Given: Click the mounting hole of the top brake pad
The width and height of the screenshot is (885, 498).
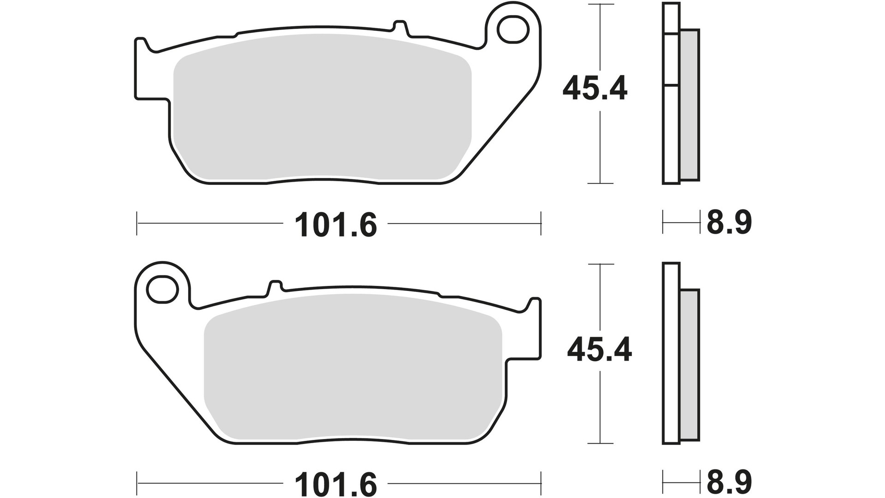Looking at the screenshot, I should coord(512,29).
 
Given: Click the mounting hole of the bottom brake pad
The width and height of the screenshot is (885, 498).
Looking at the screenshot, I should coord(162,289).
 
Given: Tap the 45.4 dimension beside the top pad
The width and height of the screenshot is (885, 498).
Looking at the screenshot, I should coord(595,89).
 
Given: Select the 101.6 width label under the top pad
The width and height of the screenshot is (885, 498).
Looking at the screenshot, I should coord(336,225).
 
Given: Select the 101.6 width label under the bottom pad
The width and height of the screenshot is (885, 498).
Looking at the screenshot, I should coord(336,484).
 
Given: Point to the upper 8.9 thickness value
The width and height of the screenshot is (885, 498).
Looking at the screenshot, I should coord(729,223).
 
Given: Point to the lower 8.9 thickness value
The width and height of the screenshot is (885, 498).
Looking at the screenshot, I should coord(729,482).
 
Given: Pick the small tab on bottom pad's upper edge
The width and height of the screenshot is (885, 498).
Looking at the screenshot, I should coord(275,286).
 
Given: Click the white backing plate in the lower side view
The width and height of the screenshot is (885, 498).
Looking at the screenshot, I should coord(671,355).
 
